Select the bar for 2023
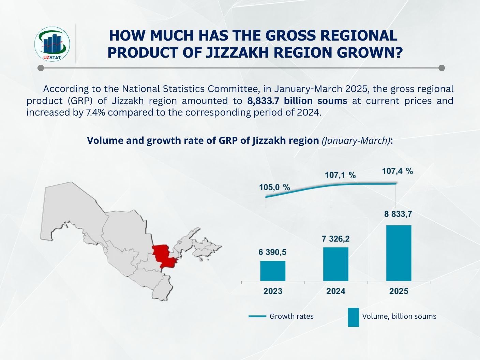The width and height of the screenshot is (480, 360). (273, 271)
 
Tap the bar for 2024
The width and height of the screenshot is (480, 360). (336, 264)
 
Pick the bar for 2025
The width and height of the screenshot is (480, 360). (399, 253)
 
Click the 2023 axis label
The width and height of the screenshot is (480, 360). (273, 291)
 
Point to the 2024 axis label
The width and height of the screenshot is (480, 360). (336, 291)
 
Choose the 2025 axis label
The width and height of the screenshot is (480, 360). (399, 291)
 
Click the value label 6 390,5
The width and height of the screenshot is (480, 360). (272, 252)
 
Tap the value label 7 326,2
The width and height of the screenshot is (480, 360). (335, 239)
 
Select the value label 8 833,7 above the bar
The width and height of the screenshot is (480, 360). (398, 214)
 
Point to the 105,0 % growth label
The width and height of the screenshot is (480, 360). (274, 187)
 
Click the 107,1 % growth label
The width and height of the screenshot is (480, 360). (340, 175)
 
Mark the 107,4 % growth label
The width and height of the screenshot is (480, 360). (397, 171)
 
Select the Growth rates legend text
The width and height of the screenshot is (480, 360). (291, 316)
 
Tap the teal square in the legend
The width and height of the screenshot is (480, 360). (353, 317)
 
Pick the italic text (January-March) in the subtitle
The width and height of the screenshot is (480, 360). (356, 141)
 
